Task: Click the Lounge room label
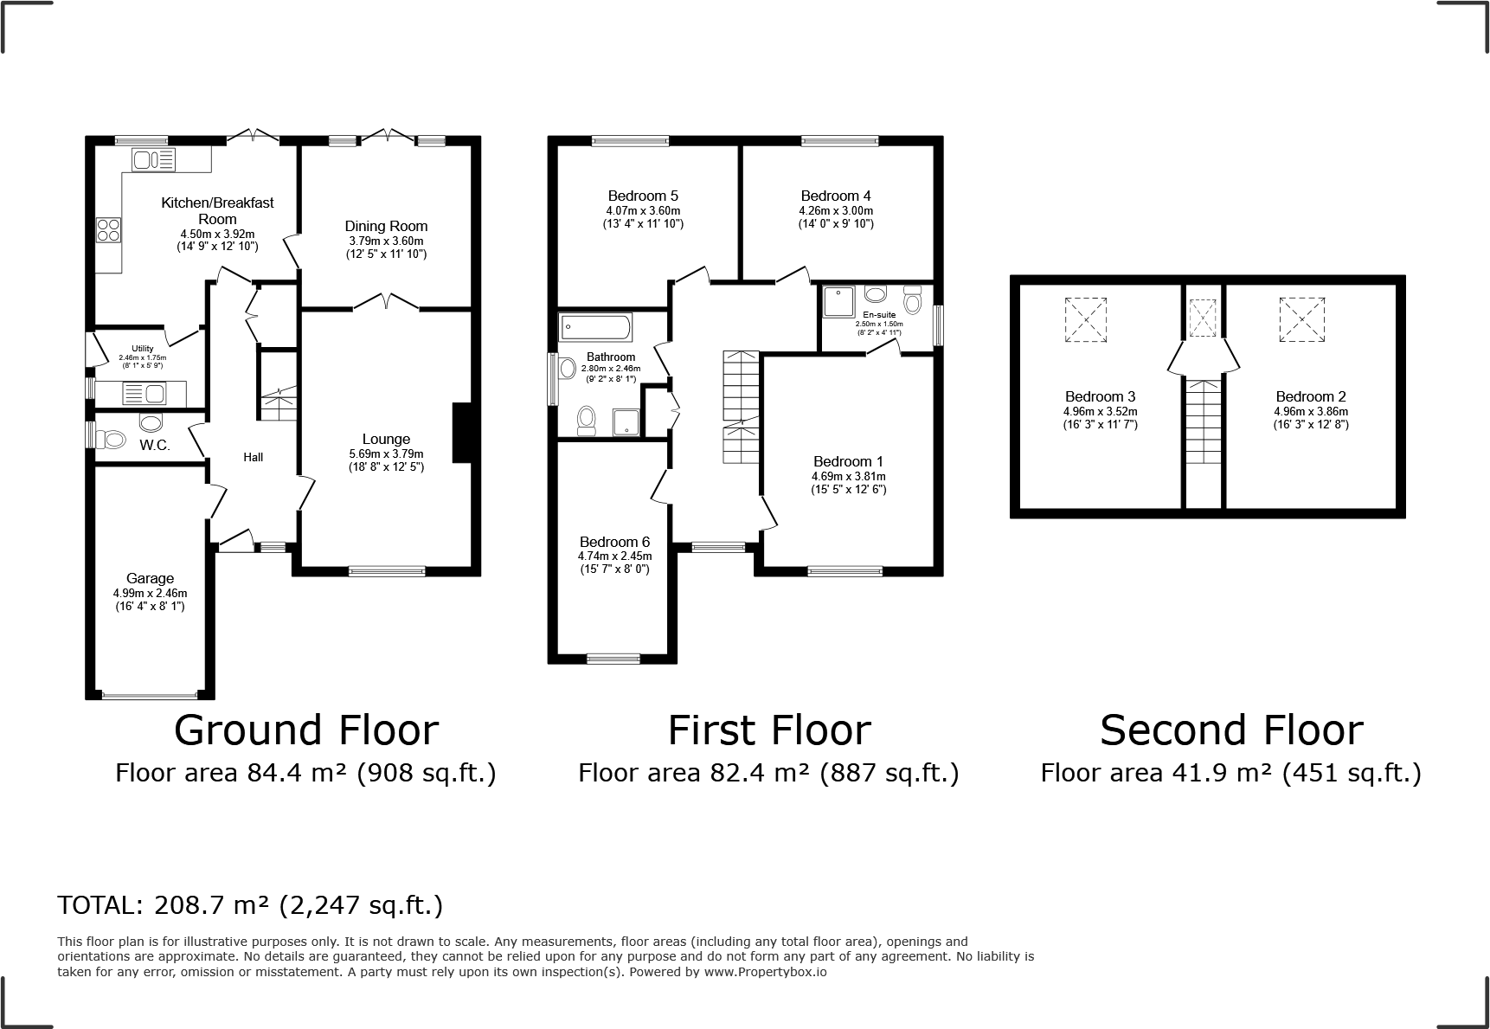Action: (x=386, y=439)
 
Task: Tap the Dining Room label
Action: (x=386, y=226)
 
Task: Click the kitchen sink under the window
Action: (x=153, y=159)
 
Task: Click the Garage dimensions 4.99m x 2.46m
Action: (x=150, y=593)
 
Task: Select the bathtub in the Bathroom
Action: (x=596, y=327)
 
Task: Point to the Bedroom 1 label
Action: (x=848, y=461)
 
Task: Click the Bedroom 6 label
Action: (x=614, y=542)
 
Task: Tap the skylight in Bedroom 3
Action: (x=1086, y=319)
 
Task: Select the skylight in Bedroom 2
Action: (x=1302, y=319)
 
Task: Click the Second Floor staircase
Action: (x=1203, y=421)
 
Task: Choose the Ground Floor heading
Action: (x=306, y=730)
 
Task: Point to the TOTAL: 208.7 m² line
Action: (x=250, y=905)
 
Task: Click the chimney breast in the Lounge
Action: (x=462, y=433)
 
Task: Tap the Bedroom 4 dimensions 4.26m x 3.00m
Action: (x=836, y=210)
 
